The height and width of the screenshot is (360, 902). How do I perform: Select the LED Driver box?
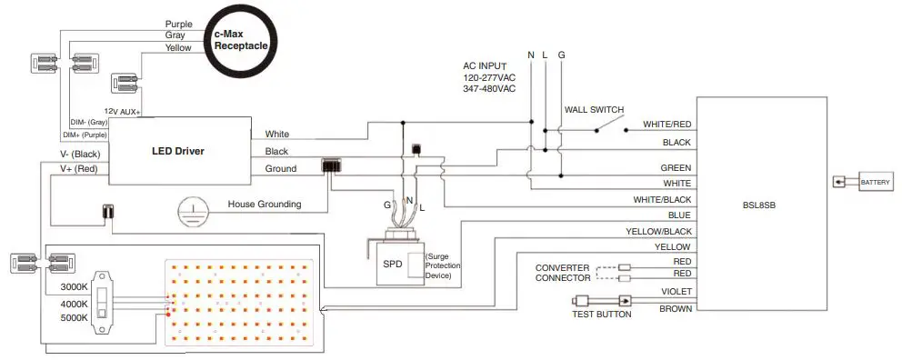click(177, 151)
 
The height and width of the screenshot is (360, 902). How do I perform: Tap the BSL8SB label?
click(758, 205)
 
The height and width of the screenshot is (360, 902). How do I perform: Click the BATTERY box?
click(876, 184)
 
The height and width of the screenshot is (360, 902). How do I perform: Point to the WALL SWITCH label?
click(594, 110)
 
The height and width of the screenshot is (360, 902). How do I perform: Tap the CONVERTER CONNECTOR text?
click(562, 274)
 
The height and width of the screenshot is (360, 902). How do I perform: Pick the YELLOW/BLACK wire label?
click(658, 231)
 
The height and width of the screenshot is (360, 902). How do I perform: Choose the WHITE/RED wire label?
click(666, 125)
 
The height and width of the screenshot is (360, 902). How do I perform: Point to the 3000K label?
click(73, 286)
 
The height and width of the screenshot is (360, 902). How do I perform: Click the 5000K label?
click(73, 318)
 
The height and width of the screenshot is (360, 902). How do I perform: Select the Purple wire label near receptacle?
click(178, 24)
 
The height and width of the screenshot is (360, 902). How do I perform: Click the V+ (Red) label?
click(79, 169)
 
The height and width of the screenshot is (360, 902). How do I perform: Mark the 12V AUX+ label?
click(122, 110)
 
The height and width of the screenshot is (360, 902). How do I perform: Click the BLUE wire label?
click(678, 215)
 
